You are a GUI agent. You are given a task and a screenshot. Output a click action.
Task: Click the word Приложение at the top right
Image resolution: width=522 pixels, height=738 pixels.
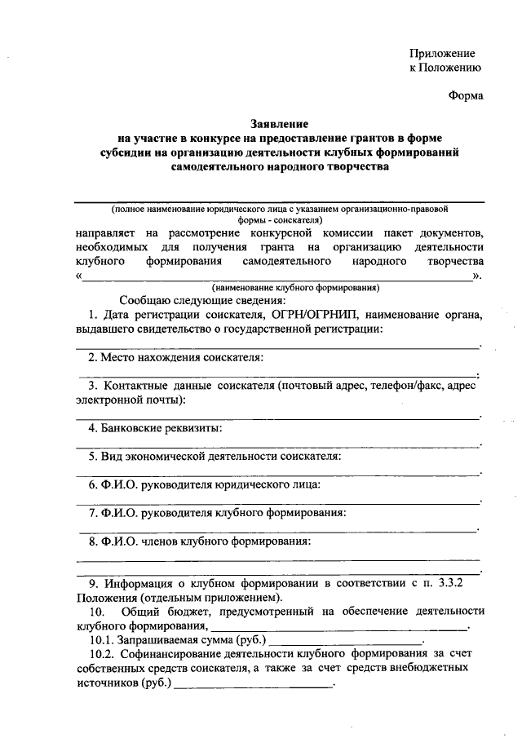[x=445, y=52]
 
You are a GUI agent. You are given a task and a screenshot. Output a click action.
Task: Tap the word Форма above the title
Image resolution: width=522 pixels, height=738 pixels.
[x=466, y=95]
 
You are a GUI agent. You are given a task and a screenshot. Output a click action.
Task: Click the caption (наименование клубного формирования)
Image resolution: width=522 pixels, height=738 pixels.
[x=294, y=288]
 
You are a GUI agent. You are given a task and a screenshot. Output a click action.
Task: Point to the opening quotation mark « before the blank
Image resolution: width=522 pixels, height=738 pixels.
[x=80, y=276]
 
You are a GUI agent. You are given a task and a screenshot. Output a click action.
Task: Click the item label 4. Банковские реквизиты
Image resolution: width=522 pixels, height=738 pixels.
[x=155, y=427]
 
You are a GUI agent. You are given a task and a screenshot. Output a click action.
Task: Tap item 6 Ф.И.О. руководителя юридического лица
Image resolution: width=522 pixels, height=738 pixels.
[x=205, y=484]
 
